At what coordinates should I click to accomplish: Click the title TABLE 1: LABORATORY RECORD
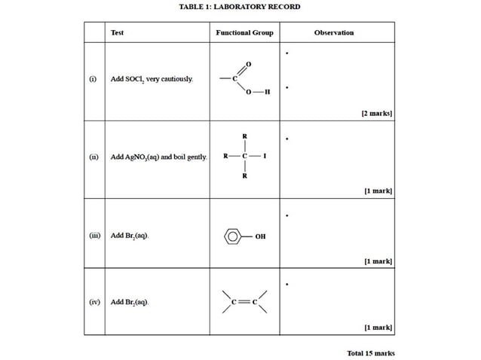240,7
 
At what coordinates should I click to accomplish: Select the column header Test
118,32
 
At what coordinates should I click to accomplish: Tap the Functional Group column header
244,32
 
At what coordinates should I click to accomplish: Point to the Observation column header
333,32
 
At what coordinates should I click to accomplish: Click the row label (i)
93,78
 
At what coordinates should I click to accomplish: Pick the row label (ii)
93,157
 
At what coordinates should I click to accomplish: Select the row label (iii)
94,235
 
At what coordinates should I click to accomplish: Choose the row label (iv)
94,301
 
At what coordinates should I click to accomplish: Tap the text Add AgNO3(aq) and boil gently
159,157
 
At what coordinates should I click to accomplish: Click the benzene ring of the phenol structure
234,236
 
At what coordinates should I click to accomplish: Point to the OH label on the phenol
260,236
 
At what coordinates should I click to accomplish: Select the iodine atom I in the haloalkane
265,157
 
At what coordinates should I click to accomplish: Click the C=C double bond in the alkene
244,302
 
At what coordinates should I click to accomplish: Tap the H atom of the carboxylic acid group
268,92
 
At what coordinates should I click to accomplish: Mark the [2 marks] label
376,113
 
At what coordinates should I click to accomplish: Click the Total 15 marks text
370,352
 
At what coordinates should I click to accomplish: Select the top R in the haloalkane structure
244,136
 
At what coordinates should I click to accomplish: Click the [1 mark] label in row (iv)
378,328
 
